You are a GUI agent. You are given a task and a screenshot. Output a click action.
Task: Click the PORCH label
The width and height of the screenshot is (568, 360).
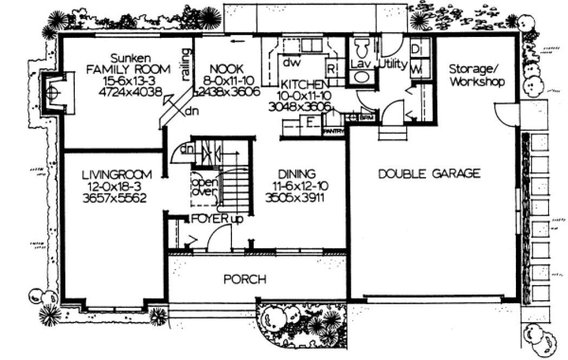point(245,280)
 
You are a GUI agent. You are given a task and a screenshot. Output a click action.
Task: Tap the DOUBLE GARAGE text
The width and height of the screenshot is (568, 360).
point(429,173)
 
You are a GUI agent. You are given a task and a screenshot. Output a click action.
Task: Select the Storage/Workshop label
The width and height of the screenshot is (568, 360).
point(477,75)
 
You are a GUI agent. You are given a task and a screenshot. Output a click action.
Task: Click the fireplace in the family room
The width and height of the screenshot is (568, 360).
point(53,92)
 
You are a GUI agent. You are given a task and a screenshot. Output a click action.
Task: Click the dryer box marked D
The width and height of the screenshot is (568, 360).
point(416,49)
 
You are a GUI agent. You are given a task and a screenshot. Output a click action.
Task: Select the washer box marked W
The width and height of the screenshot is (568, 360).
point(416,68)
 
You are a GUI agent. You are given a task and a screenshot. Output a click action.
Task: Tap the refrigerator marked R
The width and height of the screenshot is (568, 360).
point(330,69)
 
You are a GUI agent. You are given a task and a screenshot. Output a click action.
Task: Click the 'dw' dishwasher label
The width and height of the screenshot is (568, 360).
point(288,61)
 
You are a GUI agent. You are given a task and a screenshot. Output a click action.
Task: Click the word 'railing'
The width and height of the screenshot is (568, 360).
point(186,65)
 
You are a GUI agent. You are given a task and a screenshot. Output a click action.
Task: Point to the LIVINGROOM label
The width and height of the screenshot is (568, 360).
point(117,175)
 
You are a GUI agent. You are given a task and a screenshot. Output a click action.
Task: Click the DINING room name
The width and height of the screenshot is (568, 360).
point(296,174)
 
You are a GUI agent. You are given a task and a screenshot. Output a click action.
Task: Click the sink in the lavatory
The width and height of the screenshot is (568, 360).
point(360,76)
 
